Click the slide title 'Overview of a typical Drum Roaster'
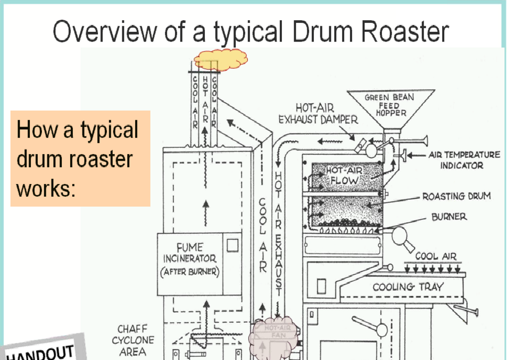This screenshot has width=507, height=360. click(x=251, y=32)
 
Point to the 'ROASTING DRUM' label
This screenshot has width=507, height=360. click(x=456, y=196)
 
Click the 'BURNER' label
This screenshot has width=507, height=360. click(x=449, y=217)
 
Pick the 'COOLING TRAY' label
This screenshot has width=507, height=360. click(x=408, y=287)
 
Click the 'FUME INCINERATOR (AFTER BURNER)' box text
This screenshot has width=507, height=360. click(x=189, y=259)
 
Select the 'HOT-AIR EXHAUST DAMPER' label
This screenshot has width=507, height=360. click(x=318, y=114)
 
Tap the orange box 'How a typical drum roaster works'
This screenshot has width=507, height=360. click(x=80, y=158)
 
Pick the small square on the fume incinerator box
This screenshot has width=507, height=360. click(x=232, y=245)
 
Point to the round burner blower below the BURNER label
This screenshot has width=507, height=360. click(x=398, y=235)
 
